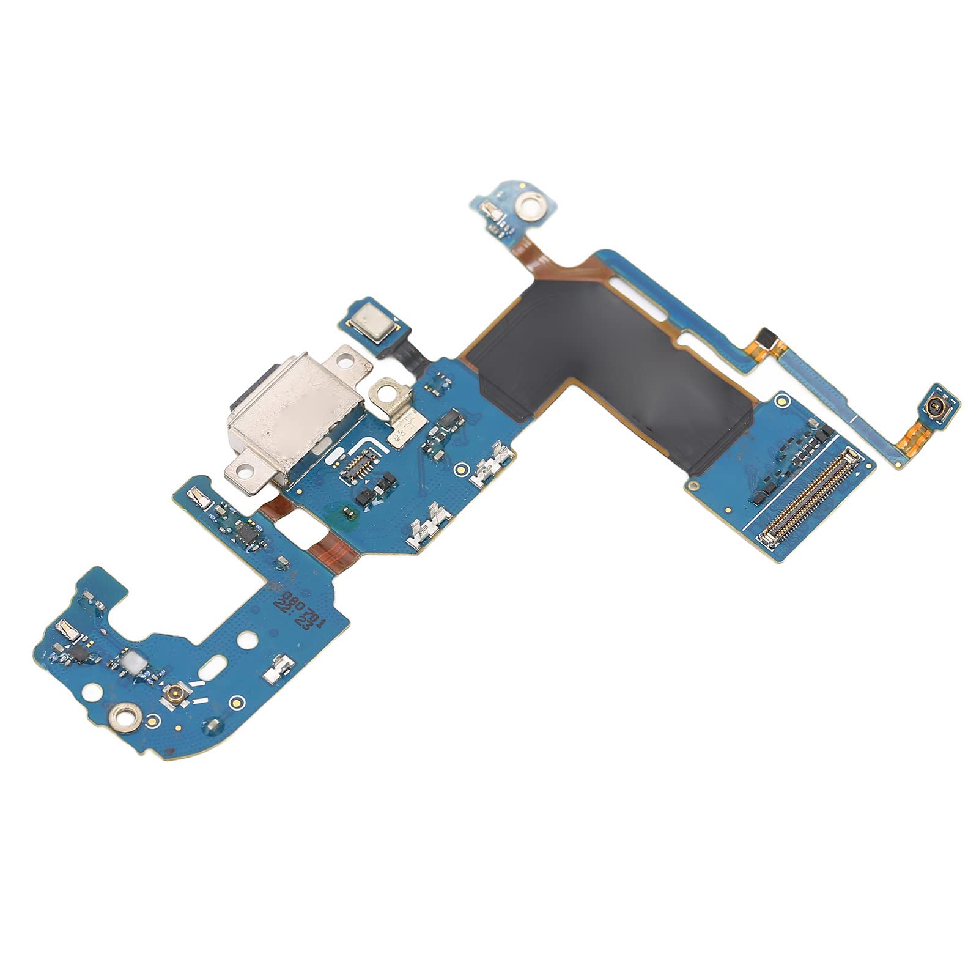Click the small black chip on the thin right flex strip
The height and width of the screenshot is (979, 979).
point(764,336)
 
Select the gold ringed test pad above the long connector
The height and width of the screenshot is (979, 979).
point(781,402)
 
